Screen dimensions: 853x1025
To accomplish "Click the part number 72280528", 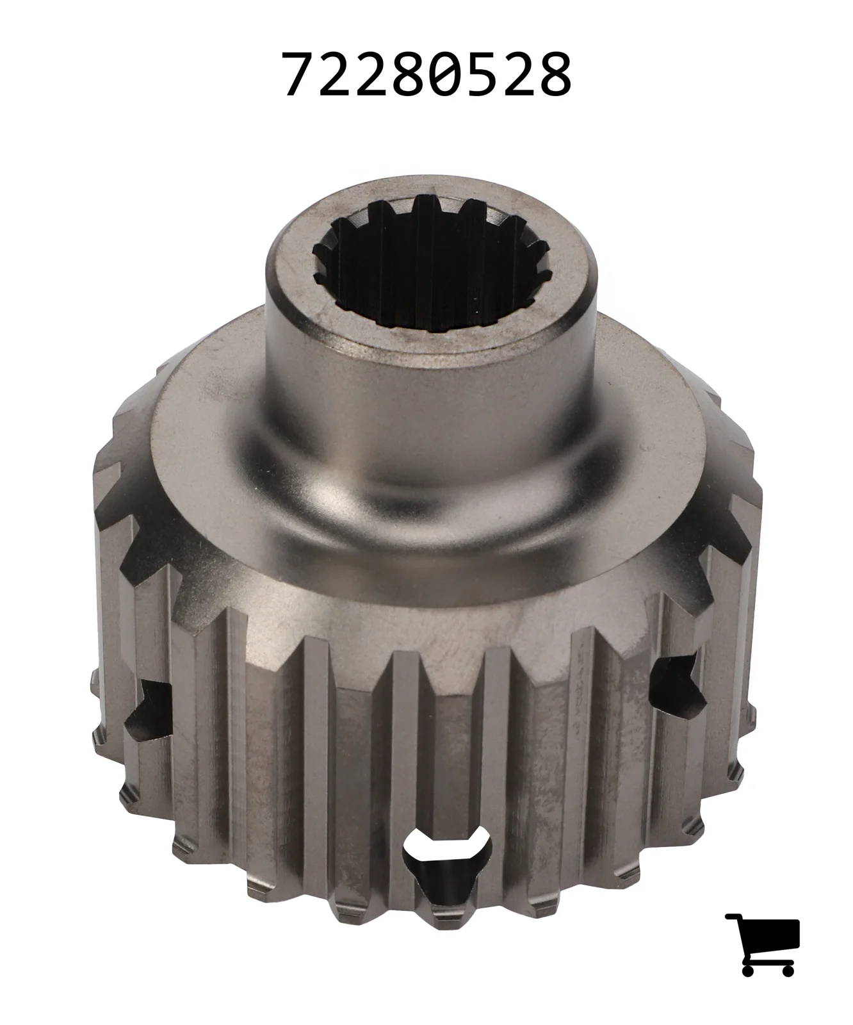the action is point(427,75).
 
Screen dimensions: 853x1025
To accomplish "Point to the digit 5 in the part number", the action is point(482,75).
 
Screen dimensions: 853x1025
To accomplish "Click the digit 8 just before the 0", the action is point(409,75).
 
